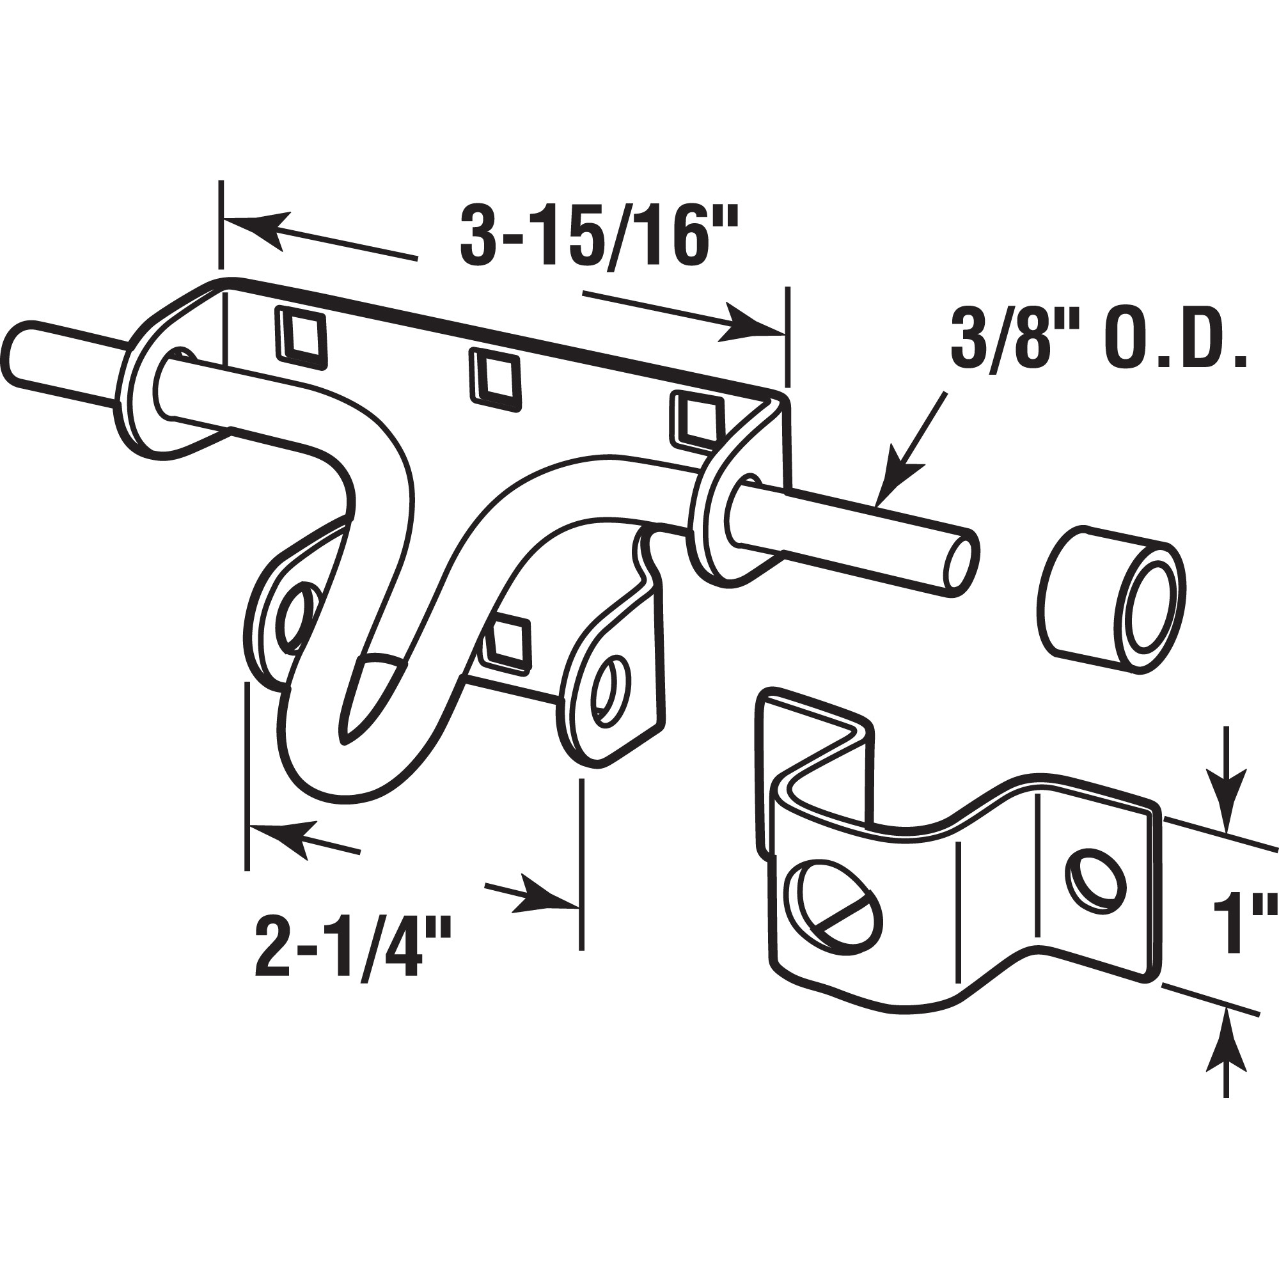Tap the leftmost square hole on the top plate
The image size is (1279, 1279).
point(301,336)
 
